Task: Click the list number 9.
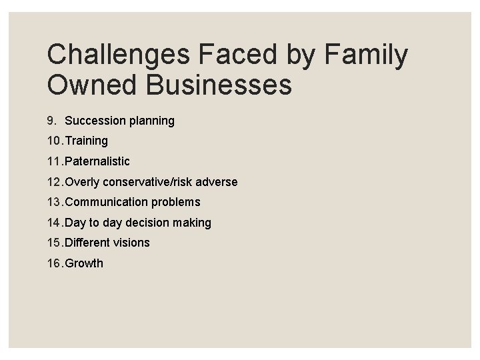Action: tap(51, 121)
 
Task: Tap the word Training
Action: tap(86, 141)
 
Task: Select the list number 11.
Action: tap(55, 161)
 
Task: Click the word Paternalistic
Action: tap(97, 161)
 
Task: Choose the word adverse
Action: tap(217, 182)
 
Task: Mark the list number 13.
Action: tap(55, 202)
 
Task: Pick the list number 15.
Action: tap(55, 243)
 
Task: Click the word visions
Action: tap(131, 243)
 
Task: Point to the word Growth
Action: tap(84, 263)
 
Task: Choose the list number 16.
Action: tap(55, 263)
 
